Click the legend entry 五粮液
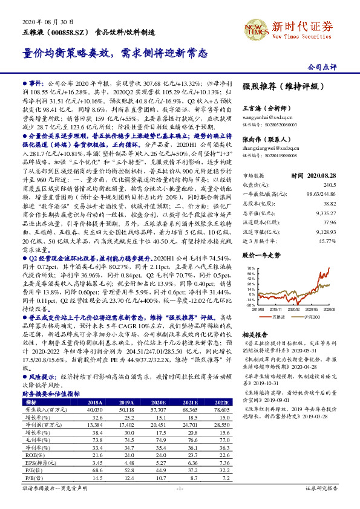pos(277,316)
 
